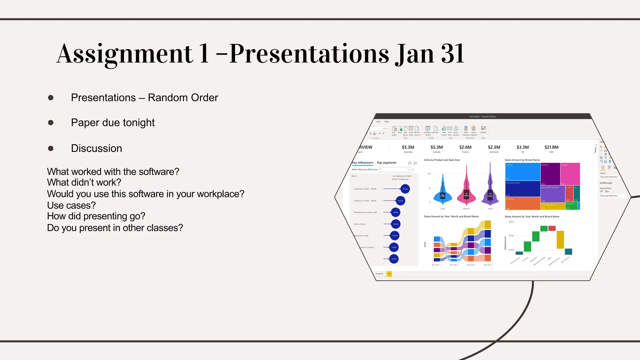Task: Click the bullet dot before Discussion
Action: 51,148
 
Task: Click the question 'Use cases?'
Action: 71,205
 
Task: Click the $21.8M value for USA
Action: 551,147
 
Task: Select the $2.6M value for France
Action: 465,147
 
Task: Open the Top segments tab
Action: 386,163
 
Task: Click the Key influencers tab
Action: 362,163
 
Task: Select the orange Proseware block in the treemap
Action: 522,203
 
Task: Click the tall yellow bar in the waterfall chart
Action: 560,240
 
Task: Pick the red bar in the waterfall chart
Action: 552,228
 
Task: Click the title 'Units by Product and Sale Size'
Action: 442,160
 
